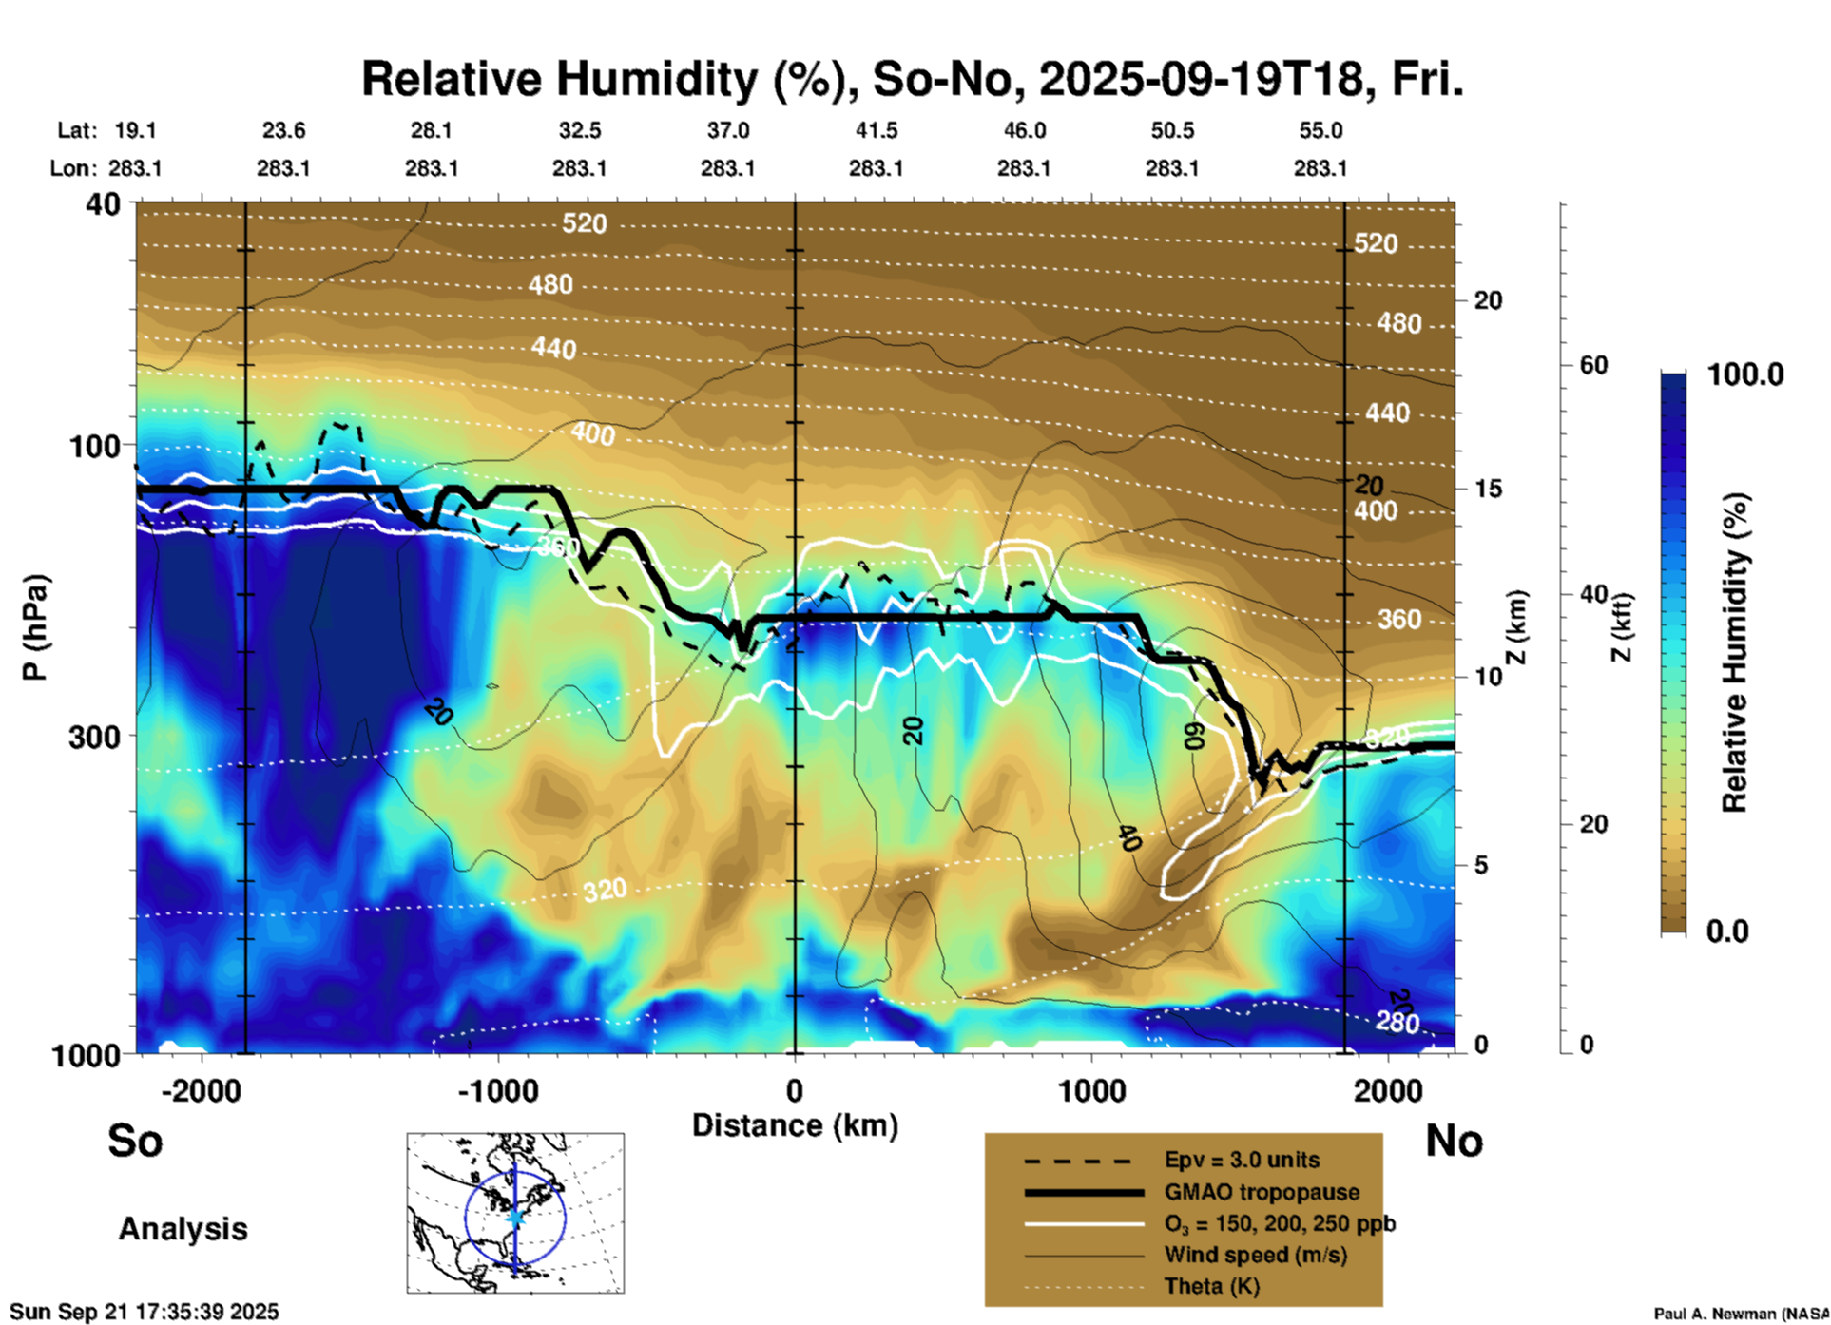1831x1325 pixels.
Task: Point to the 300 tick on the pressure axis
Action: tap(94, 737)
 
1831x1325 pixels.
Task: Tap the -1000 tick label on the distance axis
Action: tap(498, 1090)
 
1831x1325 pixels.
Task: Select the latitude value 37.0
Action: tap(727, 130)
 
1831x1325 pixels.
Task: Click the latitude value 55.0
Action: tap(1320, 130)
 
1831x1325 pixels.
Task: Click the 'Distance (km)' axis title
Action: tap(795, 1125)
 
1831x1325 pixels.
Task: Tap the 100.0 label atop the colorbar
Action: tap(1745, 374)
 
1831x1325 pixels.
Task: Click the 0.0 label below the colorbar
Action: tap(1727, 931)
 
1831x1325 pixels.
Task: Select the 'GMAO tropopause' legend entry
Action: tap(1262, 1192)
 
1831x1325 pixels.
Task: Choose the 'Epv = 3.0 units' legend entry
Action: tap(1242, 1161)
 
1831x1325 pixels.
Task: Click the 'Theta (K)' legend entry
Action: tap(1211, 1287)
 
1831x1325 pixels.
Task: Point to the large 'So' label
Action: tap(135, 1141)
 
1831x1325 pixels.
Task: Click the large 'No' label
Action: tap(1454, 1141)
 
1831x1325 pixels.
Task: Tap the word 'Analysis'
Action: tap(183, 1229)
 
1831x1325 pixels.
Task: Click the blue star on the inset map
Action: tap(515, 1217)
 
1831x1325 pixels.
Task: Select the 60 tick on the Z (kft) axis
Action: tap(1593, 365)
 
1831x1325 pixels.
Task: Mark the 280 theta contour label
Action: tap(1397, 1023)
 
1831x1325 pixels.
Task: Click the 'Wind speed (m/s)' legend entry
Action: tap(1255, 1256)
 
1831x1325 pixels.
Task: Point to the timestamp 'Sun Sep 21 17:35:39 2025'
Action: tap(145, 1312)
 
